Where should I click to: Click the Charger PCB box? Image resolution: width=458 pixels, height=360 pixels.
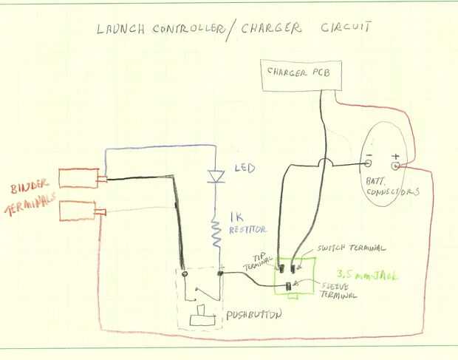point(301,75)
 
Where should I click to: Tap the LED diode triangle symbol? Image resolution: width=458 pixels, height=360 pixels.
point(216,177)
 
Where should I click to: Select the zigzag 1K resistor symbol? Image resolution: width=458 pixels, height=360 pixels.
point(216,233)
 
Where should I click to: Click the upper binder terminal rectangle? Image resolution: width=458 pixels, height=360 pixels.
point(78,178)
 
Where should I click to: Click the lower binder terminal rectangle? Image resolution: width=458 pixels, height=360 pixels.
point(78,211)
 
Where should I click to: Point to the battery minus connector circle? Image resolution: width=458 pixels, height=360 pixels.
point(369,163)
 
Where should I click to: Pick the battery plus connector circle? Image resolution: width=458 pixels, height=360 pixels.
point(395,166)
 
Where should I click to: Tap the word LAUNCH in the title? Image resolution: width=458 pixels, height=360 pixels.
point(120,29)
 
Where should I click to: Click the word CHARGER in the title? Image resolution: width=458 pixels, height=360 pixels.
point(271,28)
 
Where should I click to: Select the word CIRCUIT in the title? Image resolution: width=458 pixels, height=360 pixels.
point(346,27)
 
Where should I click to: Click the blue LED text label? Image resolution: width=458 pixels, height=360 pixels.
point(245,168)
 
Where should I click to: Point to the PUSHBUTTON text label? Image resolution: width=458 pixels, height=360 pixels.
point(254,314)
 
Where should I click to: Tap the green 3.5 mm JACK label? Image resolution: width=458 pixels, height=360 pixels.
point(367,275)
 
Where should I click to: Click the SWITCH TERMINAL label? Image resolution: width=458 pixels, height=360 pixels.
point(352,248)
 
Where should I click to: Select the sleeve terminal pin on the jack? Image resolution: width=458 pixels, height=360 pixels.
point(289,286)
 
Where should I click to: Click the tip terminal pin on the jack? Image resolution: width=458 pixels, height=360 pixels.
point(281,268)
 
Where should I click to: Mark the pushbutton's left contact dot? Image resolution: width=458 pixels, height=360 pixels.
point(185,274)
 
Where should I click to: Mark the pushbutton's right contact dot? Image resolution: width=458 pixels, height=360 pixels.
point(220,274)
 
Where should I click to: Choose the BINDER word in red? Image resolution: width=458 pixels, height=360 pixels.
point(30,186)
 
